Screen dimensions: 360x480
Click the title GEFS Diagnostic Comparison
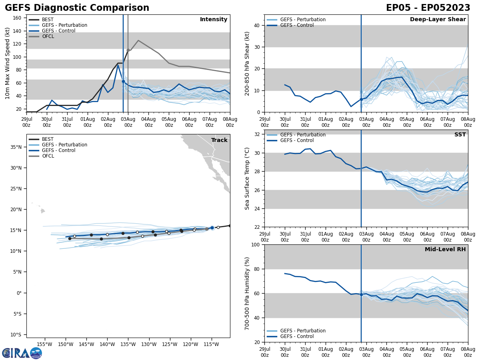(x=77, y=8)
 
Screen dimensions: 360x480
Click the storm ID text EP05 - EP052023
(x=428, y=8)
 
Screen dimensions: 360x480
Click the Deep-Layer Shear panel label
(x=438, y=20)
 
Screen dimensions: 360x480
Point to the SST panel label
(x=460, y=135)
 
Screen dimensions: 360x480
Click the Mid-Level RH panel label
(x=445, y=250)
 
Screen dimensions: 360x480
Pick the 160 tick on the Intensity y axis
(x=18, y=18)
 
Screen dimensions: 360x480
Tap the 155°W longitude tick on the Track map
(x=44, y=344)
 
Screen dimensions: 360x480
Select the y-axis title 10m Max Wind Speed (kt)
(x=8, y=63)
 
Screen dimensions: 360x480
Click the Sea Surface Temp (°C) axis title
(x=247, y=178)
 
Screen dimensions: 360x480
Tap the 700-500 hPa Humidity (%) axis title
(x=247, y=293)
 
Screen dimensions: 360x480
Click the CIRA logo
(x=22, y=353)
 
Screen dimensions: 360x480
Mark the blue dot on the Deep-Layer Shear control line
(x=361, y=99)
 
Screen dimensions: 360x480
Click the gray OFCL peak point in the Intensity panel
(x=138, y=40)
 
